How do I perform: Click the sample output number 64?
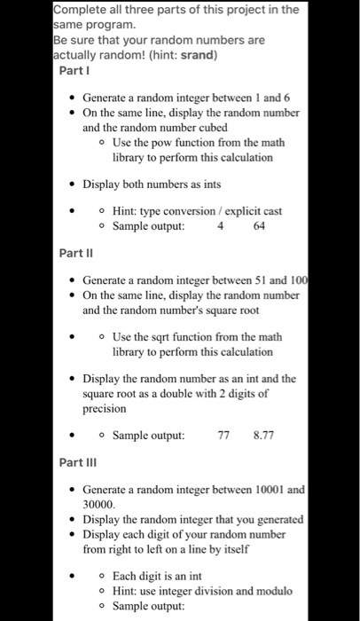click(260, 226)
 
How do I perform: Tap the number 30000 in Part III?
click(102, 503)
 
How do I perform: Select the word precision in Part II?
click(106, 409)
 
